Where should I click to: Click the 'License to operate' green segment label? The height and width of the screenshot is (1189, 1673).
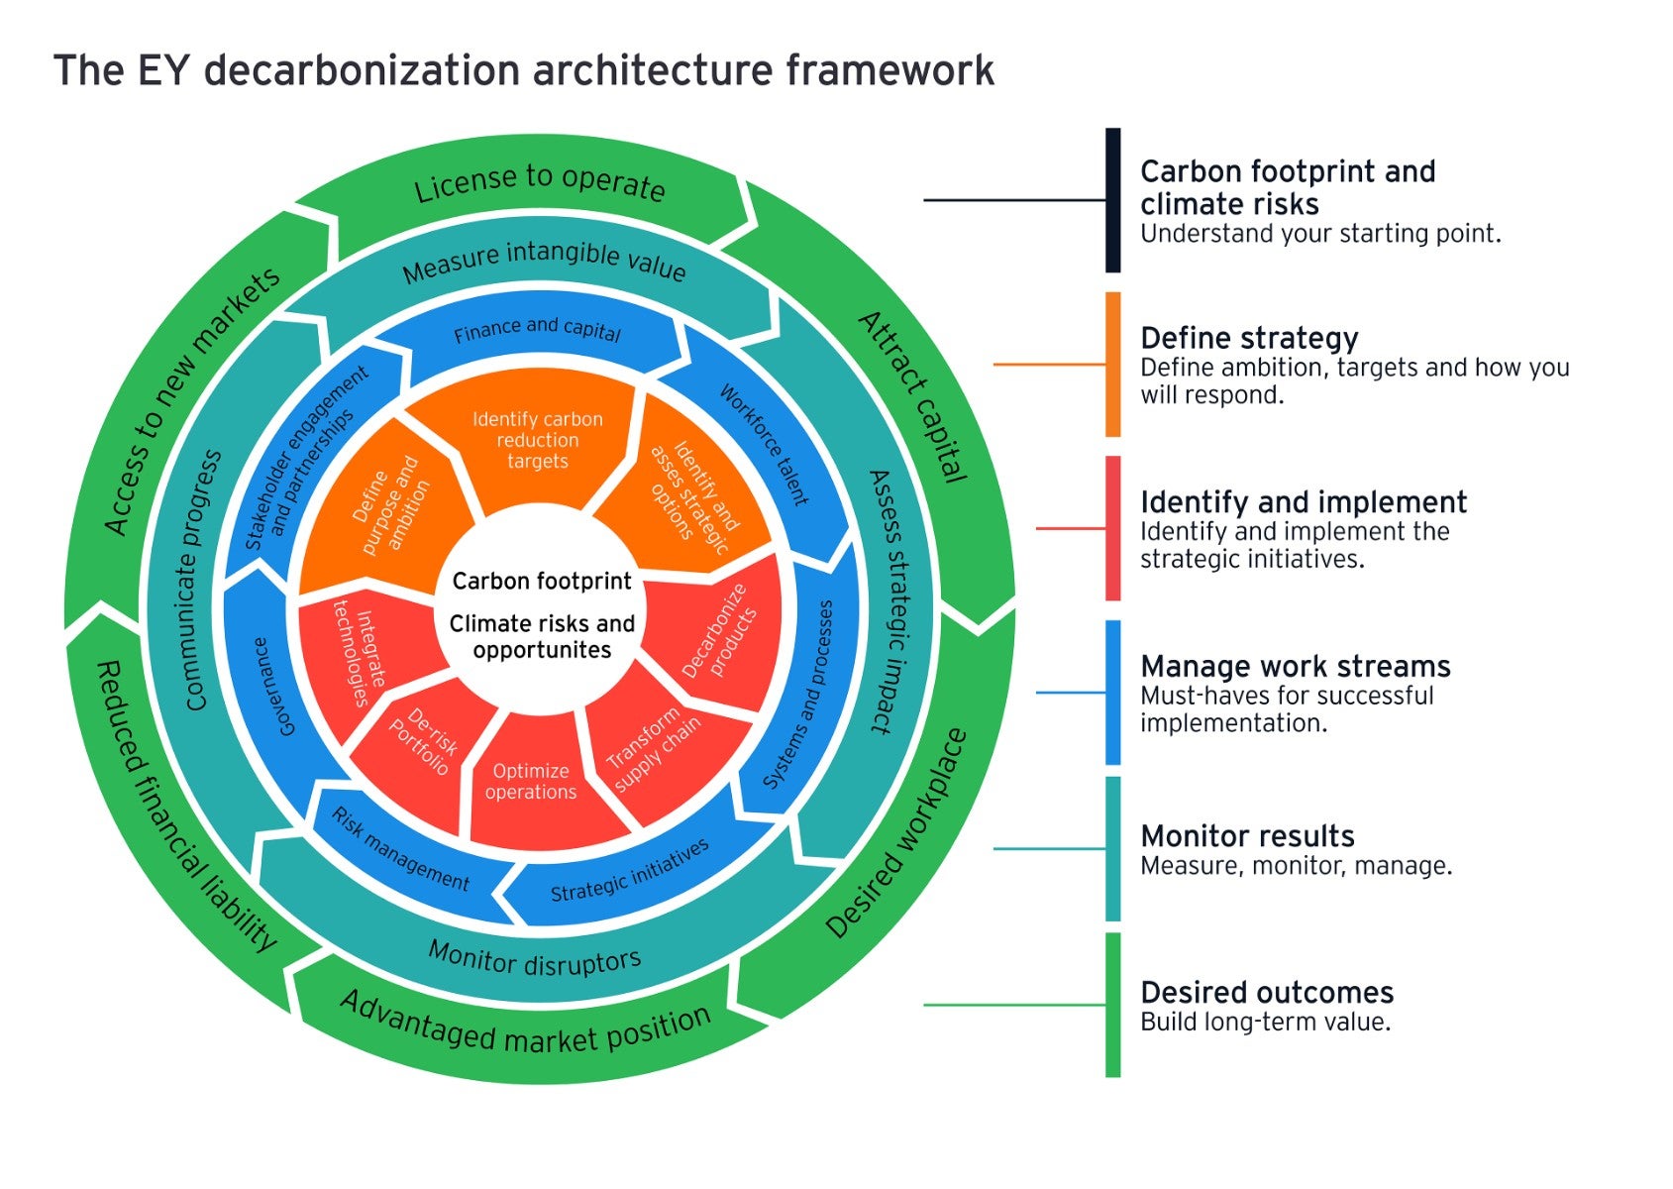point(539,184)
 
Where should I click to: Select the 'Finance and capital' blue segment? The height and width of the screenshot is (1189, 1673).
point(537,330)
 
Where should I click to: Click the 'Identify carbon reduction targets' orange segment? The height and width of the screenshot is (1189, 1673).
point(537,440)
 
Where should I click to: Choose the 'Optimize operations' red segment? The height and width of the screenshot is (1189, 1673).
point(531,782)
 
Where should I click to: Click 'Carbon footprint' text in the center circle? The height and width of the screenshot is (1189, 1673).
point(541,582)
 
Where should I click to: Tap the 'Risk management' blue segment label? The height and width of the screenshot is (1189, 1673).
point(400,849)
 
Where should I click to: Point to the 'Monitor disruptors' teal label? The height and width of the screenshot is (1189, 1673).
point(535,959)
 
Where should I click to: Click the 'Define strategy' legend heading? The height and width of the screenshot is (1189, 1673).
point(1248,338)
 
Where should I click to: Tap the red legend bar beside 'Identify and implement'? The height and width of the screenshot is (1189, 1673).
point(1112,528)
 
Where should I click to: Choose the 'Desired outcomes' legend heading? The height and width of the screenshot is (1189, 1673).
point(1266,992)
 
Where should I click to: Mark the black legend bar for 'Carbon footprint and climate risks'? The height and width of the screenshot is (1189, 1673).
point(1112,200)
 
